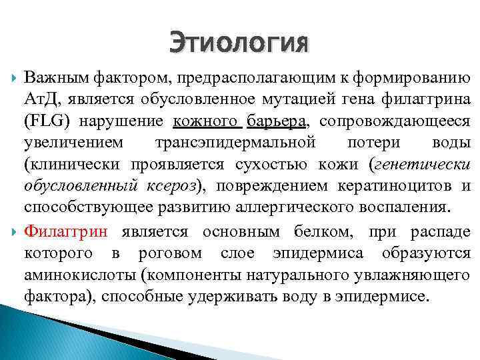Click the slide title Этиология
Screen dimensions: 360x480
click(239, 43)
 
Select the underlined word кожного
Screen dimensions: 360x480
click(207, 121)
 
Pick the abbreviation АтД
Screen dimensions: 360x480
click(42, 99)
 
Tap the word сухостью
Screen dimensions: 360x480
click(259, 164)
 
